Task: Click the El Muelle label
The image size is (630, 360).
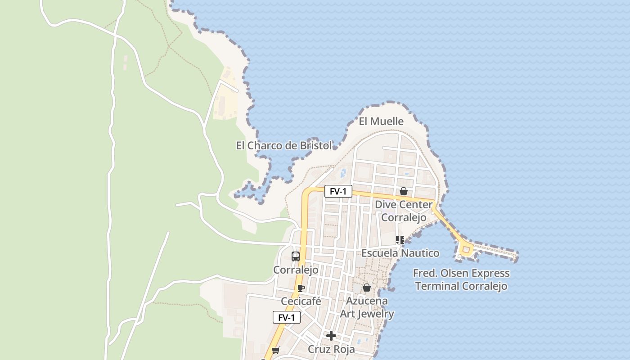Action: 381,121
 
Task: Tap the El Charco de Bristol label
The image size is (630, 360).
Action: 284,145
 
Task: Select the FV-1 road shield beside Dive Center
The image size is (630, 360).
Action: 338,191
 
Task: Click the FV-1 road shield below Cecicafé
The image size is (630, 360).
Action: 286,318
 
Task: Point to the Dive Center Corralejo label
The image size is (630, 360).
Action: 404,211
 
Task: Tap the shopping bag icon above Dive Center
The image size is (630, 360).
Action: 404,191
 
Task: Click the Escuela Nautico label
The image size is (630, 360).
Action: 400,253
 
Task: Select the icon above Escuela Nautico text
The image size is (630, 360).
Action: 400,240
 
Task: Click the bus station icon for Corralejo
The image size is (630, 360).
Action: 296,256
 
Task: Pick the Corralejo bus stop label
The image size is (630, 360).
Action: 296,270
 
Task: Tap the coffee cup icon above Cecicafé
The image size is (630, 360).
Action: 301,288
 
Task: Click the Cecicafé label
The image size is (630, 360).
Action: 301,301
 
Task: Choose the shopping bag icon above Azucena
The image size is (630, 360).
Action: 367,288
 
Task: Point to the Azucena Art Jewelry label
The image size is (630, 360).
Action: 367,307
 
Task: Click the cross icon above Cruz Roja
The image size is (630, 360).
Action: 331,336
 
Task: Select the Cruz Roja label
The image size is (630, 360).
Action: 331,349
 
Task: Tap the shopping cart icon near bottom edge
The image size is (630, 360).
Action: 275,350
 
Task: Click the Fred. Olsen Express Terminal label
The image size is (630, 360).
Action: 461,279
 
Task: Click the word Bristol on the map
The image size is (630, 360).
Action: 315,145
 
